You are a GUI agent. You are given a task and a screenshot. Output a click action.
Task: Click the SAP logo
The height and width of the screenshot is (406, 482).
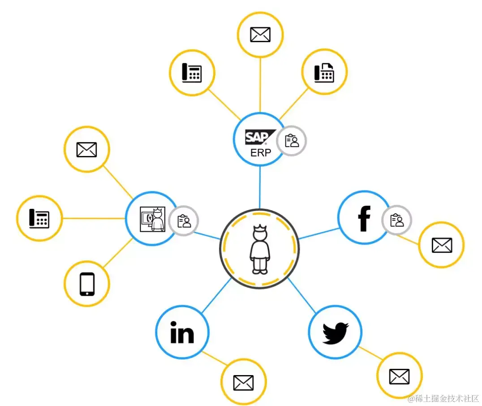click(x=257, y=137)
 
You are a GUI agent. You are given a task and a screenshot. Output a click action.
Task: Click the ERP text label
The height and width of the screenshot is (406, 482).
click(x=260, y=152)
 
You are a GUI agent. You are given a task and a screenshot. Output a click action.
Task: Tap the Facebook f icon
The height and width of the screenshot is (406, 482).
click(x=364, y=218)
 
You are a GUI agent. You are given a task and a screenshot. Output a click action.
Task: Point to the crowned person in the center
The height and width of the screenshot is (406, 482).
click(x=259, y=249)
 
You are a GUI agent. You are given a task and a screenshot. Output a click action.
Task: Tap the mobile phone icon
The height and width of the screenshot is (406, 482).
click(x=87, y=284)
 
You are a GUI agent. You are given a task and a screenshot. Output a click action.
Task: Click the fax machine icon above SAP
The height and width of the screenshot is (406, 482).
click(x=324, y=72)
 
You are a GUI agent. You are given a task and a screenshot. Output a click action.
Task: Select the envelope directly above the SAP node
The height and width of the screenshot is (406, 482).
click(x=260, y=35)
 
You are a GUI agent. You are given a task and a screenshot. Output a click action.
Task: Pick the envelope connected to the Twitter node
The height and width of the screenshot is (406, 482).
click(x=399, y=376)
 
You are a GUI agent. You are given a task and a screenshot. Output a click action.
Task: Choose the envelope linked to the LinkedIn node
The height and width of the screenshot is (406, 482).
click(x=243, y=382)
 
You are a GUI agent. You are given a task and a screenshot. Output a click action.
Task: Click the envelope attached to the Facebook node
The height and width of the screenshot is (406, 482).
click(x=442, y=245)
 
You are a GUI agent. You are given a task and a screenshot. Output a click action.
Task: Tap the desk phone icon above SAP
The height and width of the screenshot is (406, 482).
click(x=192, y=73)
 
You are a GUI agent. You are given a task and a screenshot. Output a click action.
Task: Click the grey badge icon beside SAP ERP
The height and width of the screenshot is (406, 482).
click(x=292, y=141)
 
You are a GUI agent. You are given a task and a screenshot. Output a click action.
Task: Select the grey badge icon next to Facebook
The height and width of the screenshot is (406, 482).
click(x=397, y=220)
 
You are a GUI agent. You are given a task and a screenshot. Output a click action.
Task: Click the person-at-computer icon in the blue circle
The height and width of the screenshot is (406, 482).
click(x=152, y=219)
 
